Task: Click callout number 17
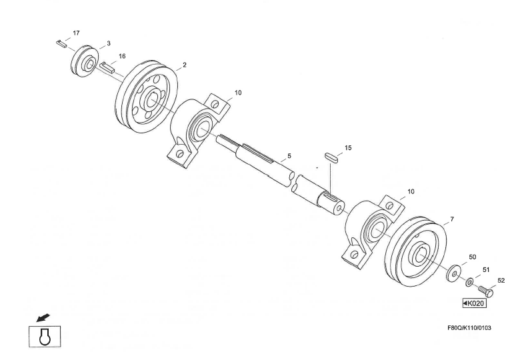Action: click(76, 33)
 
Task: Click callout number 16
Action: click(122, 57)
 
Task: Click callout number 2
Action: click(185, 66)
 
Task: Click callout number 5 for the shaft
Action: click(289, 157)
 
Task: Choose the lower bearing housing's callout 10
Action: click(411, 191)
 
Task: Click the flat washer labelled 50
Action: click(453, 273)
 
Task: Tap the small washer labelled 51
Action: click(470, 283)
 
